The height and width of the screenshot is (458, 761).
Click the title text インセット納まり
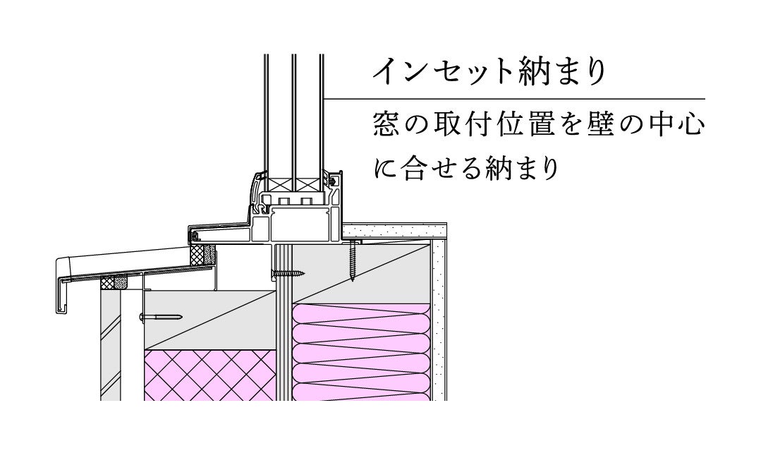(x=489, y=72)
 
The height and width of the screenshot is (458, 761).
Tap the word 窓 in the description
(x=388, y=126)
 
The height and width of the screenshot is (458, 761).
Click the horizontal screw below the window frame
(x=287, y=272)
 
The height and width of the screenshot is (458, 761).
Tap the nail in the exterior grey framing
(x=162, y=318)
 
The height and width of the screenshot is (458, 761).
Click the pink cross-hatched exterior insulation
(x=209, y=374)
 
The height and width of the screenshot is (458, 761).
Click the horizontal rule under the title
(x=515, y=98)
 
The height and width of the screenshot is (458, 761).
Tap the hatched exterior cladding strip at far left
(x=110, y=346)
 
